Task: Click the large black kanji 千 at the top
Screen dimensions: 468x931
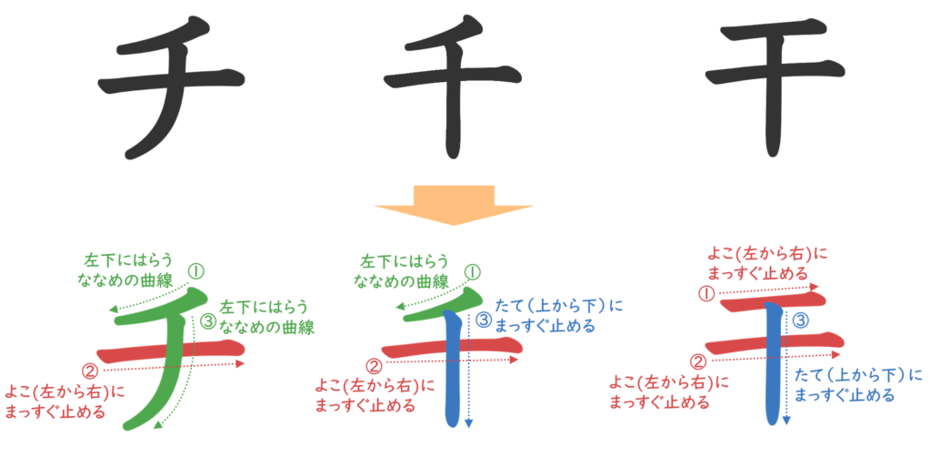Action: coord(453,86)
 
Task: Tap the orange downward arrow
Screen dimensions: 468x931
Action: coord(454,205)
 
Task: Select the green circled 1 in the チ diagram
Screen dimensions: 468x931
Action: coord(196,270)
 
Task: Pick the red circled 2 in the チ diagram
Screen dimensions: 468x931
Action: coord(89,369)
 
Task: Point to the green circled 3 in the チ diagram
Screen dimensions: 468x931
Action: coord(208,320)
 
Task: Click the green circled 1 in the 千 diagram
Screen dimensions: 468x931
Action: coord(472,270)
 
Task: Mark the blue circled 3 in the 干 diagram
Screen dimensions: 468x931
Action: coord(800,320)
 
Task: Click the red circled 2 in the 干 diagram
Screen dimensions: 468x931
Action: coord(700,361)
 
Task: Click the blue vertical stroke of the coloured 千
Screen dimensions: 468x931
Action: coord(452,382)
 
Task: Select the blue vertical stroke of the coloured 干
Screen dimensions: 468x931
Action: coord(773,382)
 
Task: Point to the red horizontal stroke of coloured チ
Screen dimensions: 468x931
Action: coord(136,351)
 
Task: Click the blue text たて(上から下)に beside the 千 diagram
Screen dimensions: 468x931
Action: coord(558,308)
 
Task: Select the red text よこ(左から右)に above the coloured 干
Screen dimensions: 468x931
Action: coord(768,250)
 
